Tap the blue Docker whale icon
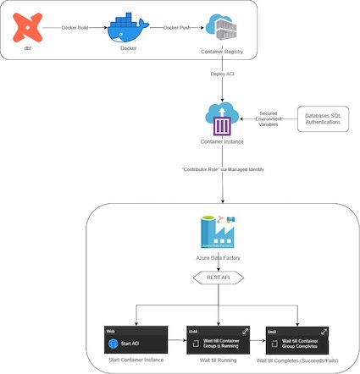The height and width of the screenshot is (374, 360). coord(128,29)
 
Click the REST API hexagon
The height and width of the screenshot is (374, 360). coord(219,276)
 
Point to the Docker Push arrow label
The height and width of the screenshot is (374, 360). coord(176,28)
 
